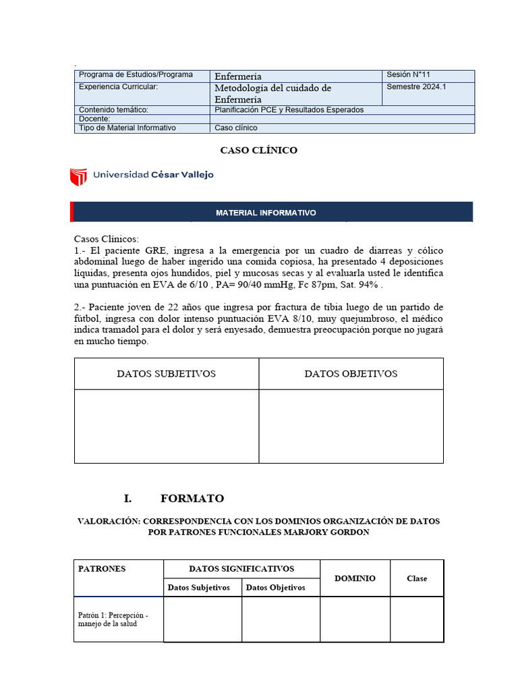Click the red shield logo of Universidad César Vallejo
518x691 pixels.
point(78,176)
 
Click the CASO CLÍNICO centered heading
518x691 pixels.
point(259,150)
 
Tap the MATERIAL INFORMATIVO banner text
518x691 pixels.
point(266,213)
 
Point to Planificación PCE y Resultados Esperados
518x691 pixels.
point(289,109)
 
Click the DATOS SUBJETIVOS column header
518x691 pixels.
point(167,374)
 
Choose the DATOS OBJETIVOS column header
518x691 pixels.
point(351,374)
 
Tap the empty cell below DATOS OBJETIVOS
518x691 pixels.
point(351,426)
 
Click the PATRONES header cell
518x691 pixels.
point(102,569)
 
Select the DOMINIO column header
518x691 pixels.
point(355,578)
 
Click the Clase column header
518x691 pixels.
point(417,578)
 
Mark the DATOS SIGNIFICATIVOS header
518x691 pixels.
point(241,569)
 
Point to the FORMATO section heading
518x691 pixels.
point(192,499)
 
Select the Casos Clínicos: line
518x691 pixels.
point(105,239)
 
